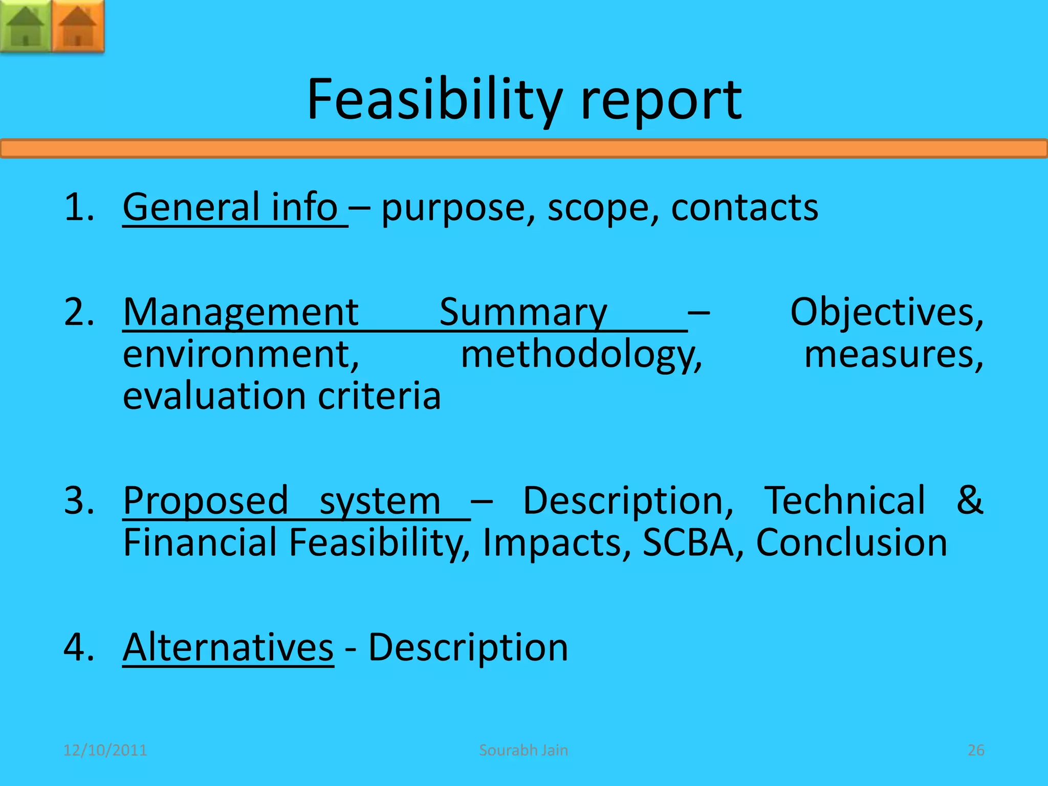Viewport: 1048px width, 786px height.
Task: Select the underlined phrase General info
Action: point(230,207)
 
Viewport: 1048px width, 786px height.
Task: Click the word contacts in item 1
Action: point(744,208)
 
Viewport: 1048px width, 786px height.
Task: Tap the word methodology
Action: point(581,356)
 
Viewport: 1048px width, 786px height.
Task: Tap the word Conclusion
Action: point(851,542)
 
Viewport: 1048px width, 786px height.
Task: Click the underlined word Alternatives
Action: point(228,647)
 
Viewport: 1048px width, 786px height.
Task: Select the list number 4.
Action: point(77,647)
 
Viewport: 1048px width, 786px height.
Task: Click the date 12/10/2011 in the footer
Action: point(105,750)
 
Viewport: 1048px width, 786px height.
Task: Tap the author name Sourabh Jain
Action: point(523,750)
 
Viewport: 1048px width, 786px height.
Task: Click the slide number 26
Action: point(976,750)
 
